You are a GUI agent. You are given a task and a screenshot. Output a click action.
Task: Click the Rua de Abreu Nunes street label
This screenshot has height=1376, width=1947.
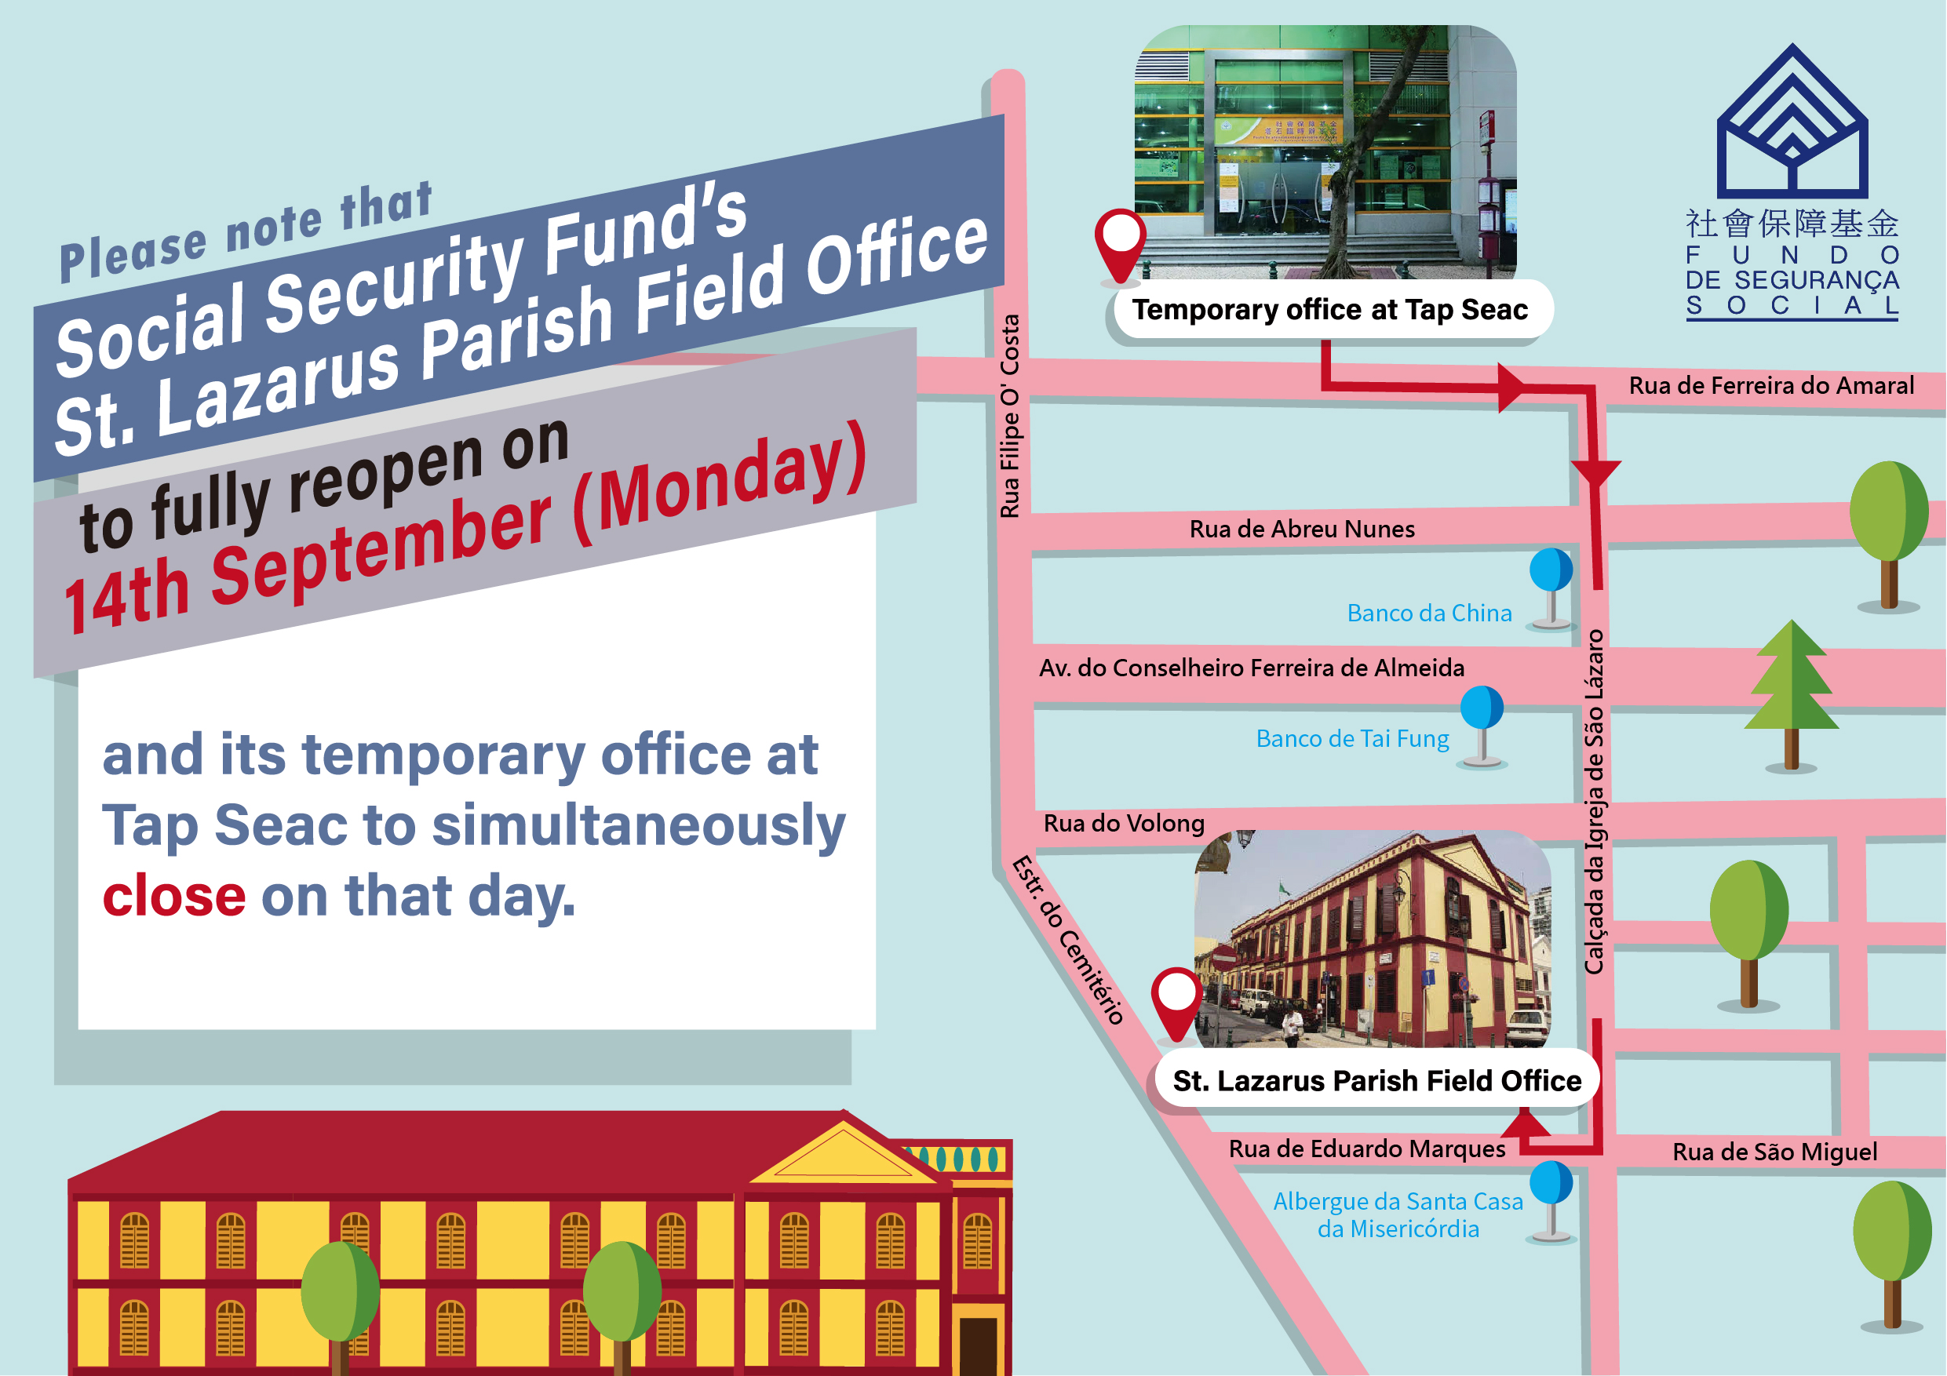point(1302,529)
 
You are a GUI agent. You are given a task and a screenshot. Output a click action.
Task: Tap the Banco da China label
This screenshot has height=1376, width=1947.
point(1429,613)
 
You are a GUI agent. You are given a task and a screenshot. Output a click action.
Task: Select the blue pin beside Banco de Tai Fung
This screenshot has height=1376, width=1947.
point(1482,726)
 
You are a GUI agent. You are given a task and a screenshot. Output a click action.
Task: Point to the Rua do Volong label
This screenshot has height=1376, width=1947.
point(1124,823)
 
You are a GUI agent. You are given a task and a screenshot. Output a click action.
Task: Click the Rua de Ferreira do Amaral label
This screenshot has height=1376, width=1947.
point(1771,386)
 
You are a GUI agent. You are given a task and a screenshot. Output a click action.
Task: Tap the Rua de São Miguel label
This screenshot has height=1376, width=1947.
point(1775,1152)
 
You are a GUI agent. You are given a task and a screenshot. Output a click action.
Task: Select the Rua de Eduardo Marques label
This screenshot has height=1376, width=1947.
point(1367,1148)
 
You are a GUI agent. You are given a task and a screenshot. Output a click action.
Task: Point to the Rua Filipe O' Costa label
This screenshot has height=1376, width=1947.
point(1009,417)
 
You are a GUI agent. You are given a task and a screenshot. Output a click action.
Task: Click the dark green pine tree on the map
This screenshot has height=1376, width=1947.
point(1791,693)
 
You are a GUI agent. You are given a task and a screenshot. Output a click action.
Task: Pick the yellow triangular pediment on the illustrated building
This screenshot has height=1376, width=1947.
point(843,1152)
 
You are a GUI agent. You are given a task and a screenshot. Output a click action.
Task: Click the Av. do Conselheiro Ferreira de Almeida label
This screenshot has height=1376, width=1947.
point(1252,668)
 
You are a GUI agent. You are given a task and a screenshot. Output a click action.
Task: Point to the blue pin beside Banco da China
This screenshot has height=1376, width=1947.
point(1551,588)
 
